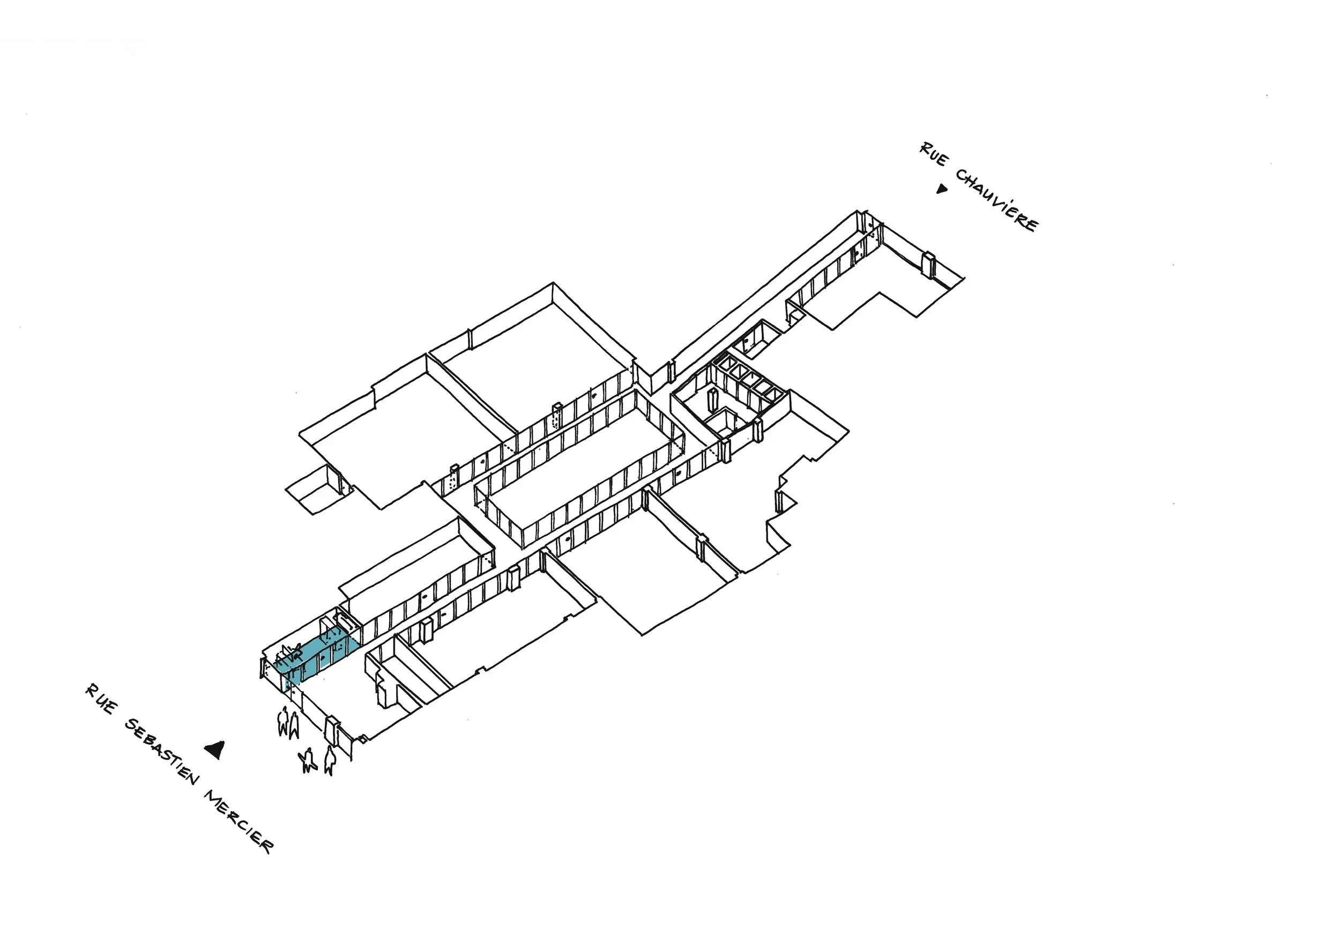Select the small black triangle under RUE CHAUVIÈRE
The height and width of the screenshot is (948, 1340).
941,189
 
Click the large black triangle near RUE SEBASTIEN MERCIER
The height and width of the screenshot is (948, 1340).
215,750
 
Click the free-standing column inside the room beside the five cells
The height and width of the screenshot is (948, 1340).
711,399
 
